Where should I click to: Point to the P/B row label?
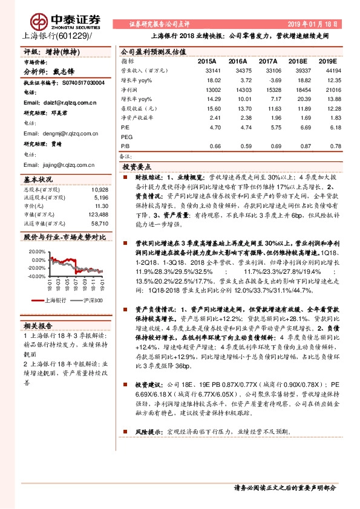click(x=125, y=146)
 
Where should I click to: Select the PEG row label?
click(x=127, y=137)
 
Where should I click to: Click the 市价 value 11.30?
click(x=101, y=206)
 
